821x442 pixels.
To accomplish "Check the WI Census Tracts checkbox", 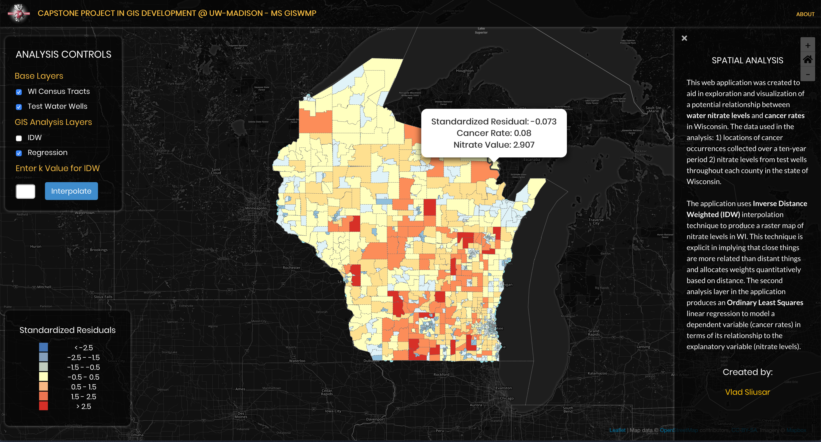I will tap(19, 92).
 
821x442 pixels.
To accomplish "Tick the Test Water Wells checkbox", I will tap(19, 107).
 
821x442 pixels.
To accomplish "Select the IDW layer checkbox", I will tap(19, 138).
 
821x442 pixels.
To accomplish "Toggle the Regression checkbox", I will tap(19, 153).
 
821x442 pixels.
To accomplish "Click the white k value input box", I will tap(25, 191).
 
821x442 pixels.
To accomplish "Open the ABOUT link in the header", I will tap(805, 14).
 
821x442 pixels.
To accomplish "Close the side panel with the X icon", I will tap(684, 38).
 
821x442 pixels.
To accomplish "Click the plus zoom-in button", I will tap(808, 46).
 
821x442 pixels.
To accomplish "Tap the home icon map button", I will tap(808, 60).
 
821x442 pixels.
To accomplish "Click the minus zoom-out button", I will tap(808, 75).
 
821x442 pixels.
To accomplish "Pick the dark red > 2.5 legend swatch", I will tap(43, 406).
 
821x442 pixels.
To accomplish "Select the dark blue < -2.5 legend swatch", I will tap(43, 347).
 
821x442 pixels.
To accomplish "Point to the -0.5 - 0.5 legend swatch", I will tap(43, 377).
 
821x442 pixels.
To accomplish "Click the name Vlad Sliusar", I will tap(747, 392).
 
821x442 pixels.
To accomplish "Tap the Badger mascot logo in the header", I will tap(19, 13).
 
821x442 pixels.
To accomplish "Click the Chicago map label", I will tap(507, 398).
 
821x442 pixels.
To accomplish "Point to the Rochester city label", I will tap(291, 267).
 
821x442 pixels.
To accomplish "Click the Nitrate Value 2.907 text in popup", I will tap(494, 145).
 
